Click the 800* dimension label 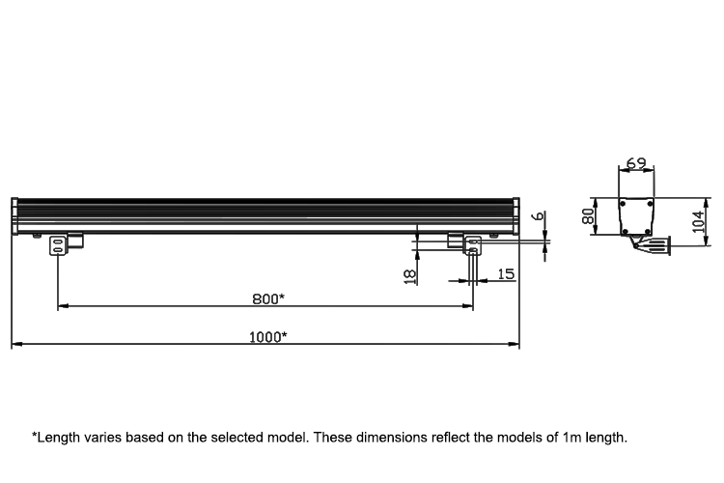267,298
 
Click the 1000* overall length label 267,337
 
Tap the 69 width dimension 635,163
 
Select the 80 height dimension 587,215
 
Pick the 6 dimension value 539,216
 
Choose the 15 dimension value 505,275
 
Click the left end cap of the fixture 14,215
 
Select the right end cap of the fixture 516,215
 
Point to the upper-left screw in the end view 624,203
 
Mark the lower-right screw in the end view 646,231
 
